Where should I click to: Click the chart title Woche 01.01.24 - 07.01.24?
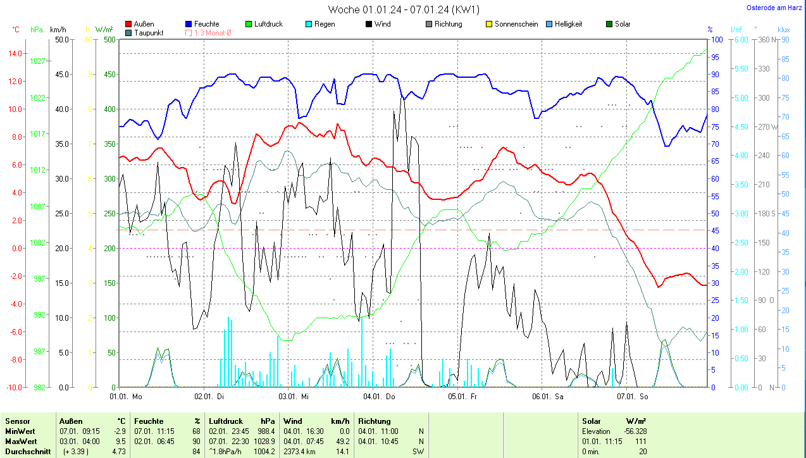pos(404,9)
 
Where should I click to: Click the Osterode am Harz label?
pos(775,8)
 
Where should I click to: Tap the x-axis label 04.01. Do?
pos(379,397)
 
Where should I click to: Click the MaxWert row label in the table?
pos(22,441)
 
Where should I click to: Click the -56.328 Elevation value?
pos(633,431)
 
